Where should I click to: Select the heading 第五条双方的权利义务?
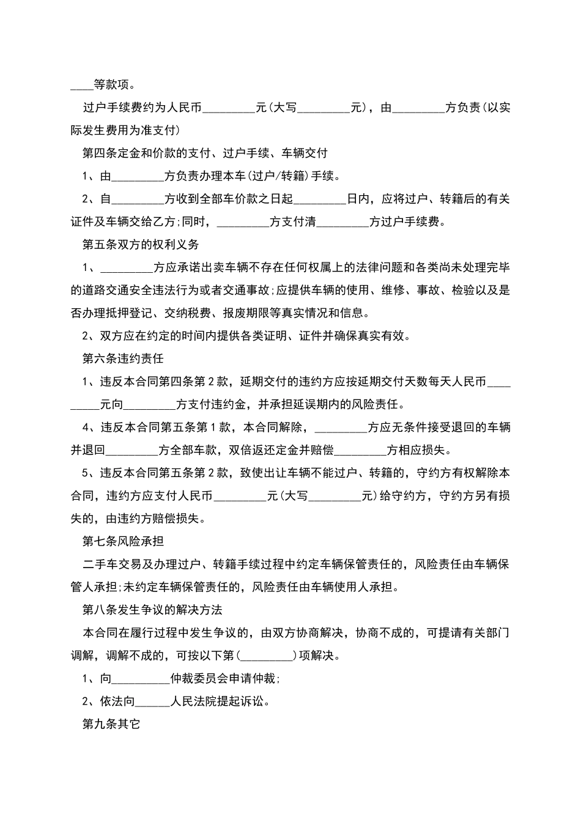(141, 245)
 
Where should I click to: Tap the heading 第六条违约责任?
(123, 358)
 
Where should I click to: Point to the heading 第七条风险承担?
(123, 541)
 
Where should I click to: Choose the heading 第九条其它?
(111, 724)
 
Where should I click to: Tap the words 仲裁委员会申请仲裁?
(224, 679)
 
